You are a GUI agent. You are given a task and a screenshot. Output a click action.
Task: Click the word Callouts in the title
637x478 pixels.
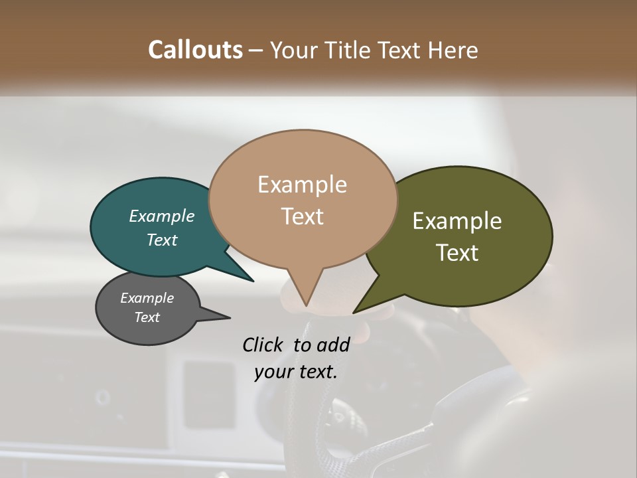tap(195, 50)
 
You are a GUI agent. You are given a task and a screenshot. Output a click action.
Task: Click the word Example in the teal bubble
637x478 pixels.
tap(162, 216)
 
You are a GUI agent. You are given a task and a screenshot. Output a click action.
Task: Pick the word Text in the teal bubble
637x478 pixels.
tap(162, 240)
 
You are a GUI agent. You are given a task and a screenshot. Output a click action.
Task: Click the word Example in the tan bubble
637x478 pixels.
tap(303, 185)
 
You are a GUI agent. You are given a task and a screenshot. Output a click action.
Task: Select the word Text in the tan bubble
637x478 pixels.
tap(303, 216)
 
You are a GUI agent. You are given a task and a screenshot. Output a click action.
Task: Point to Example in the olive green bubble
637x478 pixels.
tap(457, 221)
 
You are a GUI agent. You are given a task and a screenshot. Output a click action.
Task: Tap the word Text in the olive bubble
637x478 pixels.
tap(457, 253)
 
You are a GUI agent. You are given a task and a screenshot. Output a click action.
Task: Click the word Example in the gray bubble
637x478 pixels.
tap(147, 298)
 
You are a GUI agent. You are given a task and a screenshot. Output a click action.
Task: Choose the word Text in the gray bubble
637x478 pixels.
tap(147, 317)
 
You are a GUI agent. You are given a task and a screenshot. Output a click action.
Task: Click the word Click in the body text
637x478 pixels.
tap(262, 345)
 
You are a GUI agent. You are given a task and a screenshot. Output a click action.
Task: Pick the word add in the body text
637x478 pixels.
tap(333, 345)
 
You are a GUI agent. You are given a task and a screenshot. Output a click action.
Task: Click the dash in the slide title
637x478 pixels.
tap(257, 50)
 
